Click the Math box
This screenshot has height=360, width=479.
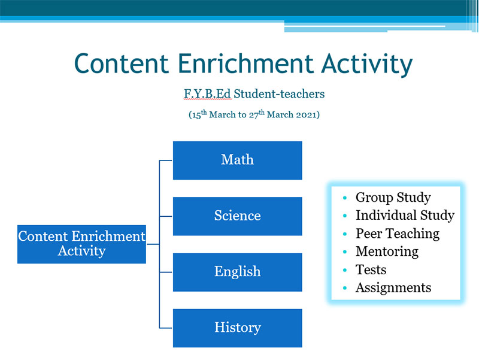click(x=237, y=160)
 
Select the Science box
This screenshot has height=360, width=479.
click(x=237, y=216)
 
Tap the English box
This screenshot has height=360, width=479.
click(x=237, y=272)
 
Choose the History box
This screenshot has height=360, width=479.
click(x=237, y=328)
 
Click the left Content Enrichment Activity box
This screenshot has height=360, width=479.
click(x=81, y=244)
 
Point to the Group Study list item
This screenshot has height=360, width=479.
click(x=393, y=198)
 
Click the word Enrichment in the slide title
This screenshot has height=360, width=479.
click(x=245, y=63)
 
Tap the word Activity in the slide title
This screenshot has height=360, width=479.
click(x=367, y=65)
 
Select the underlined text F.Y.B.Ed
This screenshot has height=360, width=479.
click(x=207, y=94)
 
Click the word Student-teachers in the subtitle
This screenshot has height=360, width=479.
click(x=279, y=94)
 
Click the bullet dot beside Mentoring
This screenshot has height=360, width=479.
click(x=345, y=252)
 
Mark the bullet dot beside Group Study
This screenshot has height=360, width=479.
click(x=345, y=198)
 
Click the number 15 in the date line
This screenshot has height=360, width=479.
click(x=196, y=115)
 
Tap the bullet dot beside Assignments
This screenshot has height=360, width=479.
click(x=345, y=288)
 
